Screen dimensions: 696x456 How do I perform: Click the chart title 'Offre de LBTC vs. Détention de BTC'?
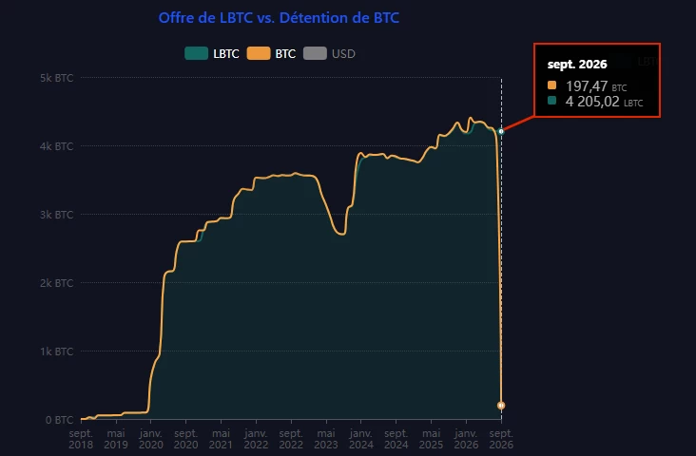tap(279, 18)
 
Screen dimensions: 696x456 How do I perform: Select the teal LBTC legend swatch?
tap(196, 53)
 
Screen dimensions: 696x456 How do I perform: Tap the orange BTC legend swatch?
tap(259, 53)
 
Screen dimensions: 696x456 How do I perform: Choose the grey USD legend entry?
tap(329, 53)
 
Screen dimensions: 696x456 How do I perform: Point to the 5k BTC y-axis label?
tap(56, 78)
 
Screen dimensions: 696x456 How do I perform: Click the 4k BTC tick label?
tap(56, 146)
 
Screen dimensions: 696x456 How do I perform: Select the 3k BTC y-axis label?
tap(56, 215)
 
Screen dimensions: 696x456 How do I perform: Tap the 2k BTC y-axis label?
tap(56, 283)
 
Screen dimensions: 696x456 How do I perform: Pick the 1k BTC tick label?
tap(56, 351)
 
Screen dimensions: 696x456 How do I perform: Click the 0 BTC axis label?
tap(59, 420)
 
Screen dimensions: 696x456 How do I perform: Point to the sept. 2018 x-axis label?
tap(81, 439)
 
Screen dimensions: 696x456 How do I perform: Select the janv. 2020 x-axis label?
tap(151, 439)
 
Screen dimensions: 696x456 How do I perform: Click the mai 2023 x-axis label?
tap(326, 439)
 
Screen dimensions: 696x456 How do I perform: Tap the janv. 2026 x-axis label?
tap(466, 439)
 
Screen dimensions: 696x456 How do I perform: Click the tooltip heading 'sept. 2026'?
tap(577, 65)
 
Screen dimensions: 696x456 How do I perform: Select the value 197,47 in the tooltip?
tap(587, 85)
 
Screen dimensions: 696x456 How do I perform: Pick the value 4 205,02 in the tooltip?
tap(592, 102)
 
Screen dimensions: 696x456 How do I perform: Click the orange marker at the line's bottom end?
tap(501, 406)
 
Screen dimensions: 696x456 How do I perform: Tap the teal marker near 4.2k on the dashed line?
tap(501, 132)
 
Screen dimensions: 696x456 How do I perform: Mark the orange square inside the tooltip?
tap(551, 85)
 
